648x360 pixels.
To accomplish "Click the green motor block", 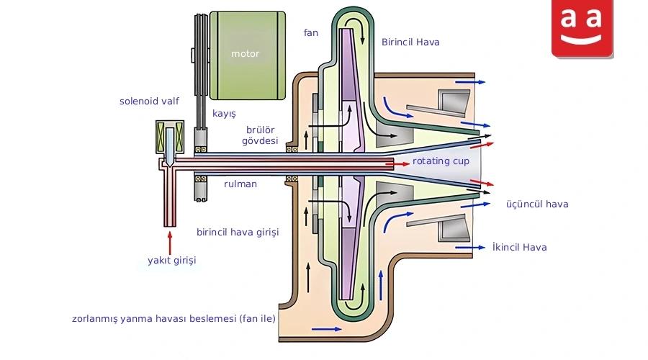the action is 248,55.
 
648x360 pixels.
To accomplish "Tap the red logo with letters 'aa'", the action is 582,28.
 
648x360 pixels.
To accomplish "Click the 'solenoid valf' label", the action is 149,101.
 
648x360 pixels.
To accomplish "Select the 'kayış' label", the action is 224,114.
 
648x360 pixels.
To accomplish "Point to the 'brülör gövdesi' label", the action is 260,135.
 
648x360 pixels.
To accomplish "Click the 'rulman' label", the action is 240,184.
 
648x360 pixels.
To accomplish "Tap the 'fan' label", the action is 311,32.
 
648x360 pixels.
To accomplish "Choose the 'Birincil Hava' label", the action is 410,42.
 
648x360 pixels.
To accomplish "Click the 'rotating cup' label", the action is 441,161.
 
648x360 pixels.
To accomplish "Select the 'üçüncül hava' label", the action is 537,204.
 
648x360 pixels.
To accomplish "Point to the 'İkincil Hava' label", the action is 519,247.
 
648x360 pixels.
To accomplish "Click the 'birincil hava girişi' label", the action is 238,233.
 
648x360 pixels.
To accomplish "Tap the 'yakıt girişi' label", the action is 172,261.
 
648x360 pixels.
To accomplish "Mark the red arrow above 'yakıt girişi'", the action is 169,243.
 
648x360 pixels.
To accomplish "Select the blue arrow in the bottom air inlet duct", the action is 326,329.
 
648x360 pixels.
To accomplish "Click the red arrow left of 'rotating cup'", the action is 397,164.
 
